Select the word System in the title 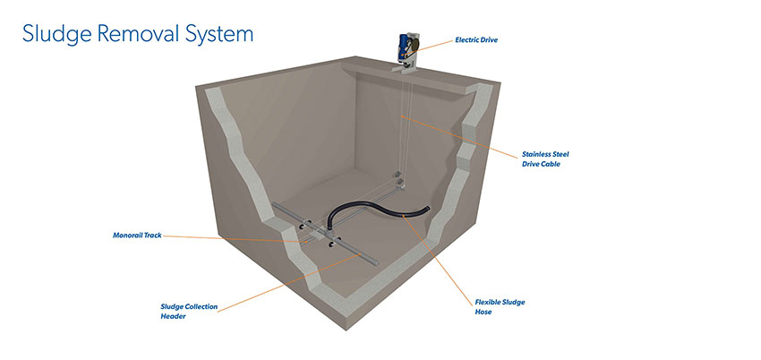221,35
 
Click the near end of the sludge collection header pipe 374,261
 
